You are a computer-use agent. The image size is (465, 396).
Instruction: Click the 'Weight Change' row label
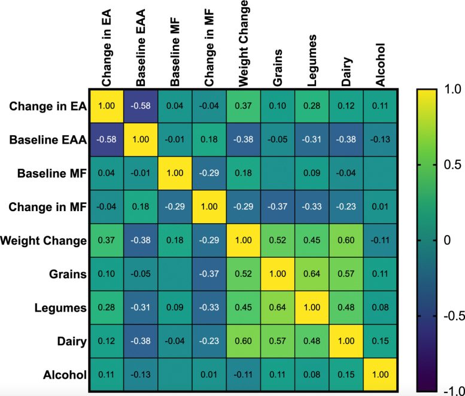point(43,241)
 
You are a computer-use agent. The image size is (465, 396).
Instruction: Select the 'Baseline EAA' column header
point(141,44)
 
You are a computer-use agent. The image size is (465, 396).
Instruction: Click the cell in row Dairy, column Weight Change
point(243,342)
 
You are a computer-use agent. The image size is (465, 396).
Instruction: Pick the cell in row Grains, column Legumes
point(311,275)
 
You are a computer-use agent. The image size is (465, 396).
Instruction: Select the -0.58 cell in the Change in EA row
point(141,106)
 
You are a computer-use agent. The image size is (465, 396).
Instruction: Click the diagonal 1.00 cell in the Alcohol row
point(379,376)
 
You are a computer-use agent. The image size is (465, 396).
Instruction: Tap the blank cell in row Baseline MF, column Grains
point(277,173)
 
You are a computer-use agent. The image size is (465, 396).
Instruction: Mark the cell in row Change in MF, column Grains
point(277,207)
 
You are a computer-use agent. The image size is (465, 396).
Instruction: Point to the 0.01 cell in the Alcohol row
point(209,376)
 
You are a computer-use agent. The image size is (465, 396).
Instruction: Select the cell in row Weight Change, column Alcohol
point(379,241)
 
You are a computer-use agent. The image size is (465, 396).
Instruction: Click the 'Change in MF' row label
point(47,207)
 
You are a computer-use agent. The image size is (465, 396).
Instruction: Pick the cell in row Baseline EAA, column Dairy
point(345,139)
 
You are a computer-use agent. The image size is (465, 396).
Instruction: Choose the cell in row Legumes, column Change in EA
point(107,308)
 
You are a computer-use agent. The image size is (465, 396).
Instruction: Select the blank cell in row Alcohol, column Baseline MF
point(175,376)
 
